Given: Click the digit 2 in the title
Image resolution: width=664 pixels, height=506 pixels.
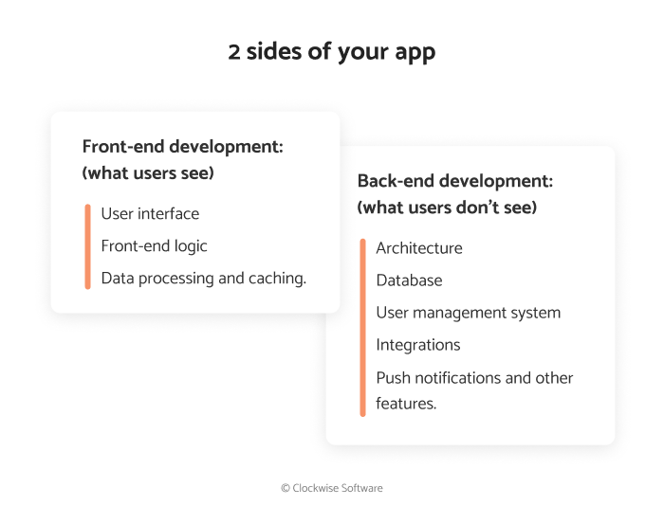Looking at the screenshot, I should pyautogui.click(x=234, y=51).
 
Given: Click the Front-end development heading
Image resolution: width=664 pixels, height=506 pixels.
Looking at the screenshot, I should pyautogui.click(x=183, y=147).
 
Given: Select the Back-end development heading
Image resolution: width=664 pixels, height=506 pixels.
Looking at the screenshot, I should pyautogui.click(x=455, y=180).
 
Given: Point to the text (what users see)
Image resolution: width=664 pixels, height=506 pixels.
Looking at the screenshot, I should pyautogui.click(x=148, y=173).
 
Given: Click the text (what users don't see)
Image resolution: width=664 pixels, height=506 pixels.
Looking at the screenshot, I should pyautogui.click(x=447, y=207).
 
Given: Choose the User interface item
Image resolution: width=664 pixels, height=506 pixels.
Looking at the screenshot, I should pyautogui.click(x=150, y=213).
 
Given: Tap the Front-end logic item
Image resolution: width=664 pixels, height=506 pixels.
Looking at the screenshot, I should pyautogui.click(x=154, y=245).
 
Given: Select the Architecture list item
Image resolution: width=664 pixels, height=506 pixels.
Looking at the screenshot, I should pyautogui.click(x=419, y=248).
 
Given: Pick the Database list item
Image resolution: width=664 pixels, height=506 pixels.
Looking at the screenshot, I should pyautogui.click(x=409, y=280).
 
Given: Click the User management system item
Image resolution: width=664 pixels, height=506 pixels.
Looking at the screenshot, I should pyautogui.click(x=468, y=313).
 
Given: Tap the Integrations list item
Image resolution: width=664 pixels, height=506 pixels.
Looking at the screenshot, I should pyautogui.click(x=418, y=345).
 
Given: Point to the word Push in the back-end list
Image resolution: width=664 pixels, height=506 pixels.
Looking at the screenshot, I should pyautogui.click(x=393, y=377).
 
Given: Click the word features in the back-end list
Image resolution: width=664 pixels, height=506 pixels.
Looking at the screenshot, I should pyautogui.click(x=406, y=403).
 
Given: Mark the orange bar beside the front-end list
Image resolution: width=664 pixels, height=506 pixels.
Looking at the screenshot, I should pyautogui.click(x=87, y=246).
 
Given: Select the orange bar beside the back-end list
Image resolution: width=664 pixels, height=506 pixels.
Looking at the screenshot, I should pyautogui.click(x=362, y=327).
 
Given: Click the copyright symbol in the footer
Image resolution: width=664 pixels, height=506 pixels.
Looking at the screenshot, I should pyautogui.click(x=286, y=488).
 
